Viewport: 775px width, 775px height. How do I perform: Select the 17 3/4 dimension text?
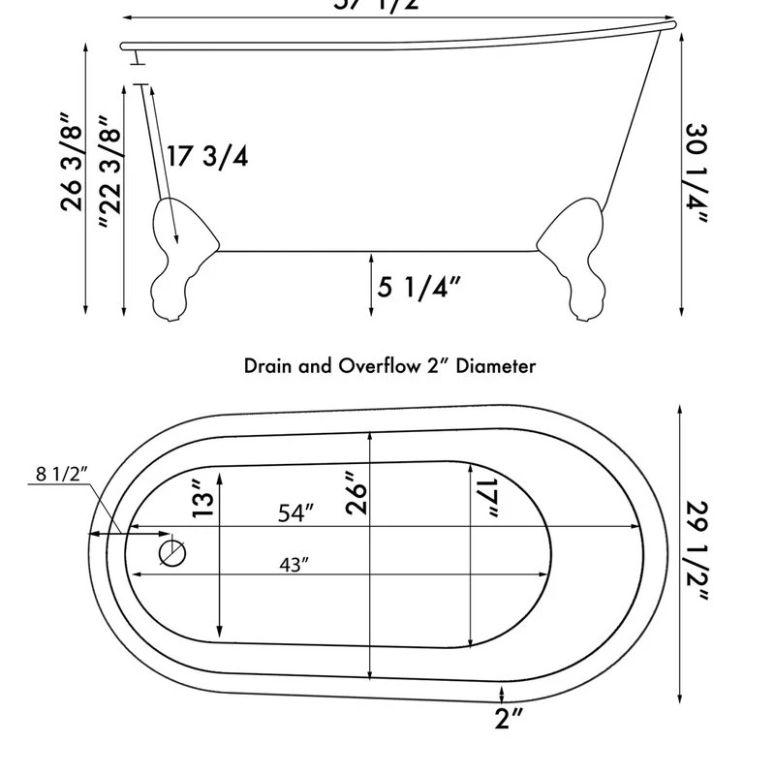coord(206,156)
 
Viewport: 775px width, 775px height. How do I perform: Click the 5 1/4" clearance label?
coord(419,287)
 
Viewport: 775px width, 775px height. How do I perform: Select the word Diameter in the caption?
coord(497,366)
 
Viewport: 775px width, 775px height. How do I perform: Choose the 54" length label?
coord(296,513)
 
